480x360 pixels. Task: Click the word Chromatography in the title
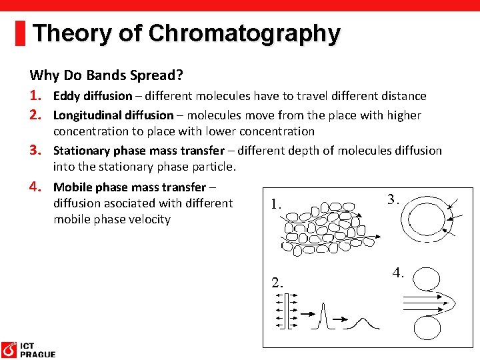244,33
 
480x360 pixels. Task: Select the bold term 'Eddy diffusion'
93,96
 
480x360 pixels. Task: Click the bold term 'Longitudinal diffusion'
113,115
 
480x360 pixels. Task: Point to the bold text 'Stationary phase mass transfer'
139,151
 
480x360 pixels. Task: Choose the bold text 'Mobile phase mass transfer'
129,187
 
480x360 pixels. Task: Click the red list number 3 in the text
37,150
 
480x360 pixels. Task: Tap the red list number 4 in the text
37,186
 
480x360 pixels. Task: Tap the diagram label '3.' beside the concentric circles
393,199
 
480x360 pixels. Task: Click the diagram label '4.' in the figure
398,272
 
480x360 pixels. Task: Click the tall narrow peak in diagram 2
322,313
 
